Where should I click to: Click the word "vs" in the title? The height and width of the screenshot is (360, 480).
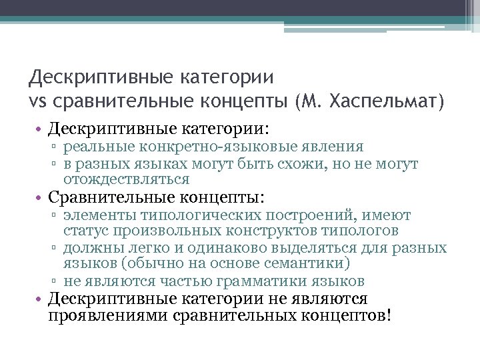pos(38,103)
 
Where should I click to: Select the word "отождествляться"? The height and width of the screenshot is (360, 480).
pos(127,179)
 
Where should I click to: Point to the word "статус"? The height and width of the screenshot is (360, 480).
pos(85,231)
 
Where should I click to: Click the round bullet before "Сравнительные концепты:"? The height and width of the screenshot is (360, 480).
pos(41,198)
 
